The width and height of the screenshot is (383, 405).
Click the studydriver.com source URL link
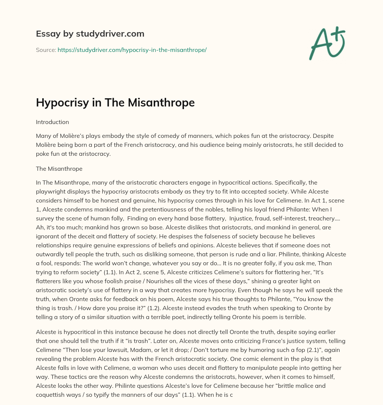point(132,50)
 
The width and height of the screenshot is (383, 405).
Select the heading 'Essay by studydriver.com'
point(90,34)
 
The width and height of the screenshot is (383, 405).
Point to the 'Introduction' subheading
point(52,122)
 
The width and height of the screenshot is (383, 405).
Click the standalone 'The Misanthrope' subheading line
point(59,169)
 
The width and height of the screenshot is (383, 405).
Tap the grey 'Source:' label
point(46,50)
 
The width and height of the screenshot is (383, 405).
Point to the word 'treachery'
point(322,219)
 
